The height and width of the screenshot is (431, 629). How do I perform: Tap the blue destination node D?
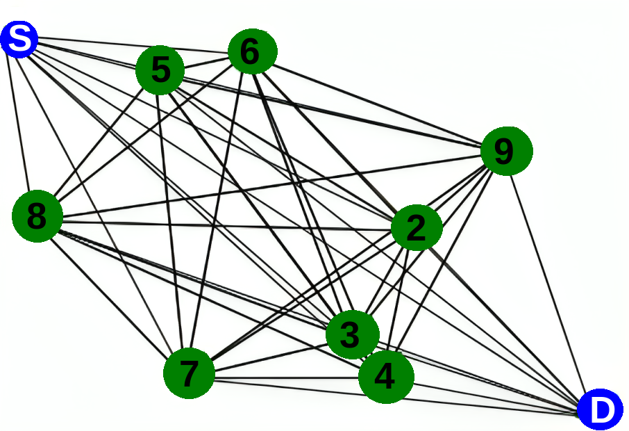[601, 410]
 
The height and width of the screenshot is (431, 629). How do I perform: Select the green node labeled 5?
[160, 70]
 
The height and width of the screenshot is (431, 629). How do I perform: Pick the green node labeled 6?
[252, 51]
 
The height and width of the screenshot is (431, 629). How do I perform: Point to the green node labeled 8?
[37, 216]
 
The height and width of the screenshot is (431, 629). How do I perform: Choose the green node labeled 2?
[417, 228]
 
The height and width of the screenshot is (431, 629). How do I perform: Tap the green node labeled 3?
[352, 335]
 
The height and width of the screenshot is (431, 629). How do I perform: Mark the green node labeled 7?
[189, 373]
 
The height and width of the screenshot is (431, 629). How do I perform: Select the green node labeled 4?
[385, 376]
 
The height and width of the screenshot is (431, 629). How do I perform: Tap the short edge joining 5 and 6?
[206, 61]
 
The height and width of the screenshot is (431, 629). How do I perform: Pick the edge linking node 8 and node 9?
[271, 184]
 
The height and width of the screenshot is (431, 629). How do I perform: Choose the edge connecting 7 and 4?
[285, 380]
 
